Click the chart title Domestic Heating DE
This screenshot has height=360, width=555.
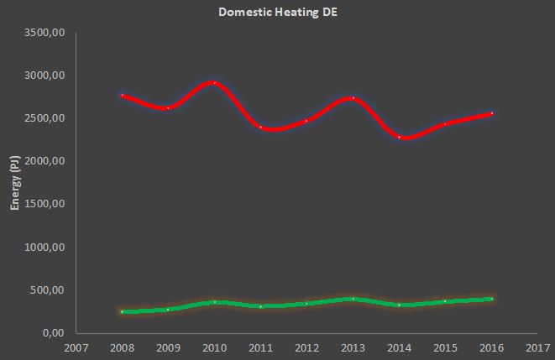pyautogui.click(x=277, y=13)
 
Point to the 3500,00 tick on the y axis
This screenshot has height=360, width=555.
pyautogui.click(x=47, y=33)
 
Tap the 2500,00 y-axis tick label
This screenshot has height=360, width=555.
pyautogui.click(x=47, y=118)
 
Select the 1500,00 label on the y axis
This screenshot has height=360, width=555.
pyautogui.click(x=47, y=205)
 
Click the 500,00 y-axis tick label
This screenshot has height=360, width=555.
pyautogui.click(x=50, y=290)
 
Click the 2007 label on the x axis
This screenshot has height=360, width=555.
pyautogui.click(x=76, y=346)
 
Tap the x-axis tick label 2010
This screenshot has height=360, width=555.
pyautogui.click(x=214, y=346)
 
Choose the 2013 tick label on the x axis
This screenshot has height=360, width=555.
pyautogui.click(x=353, y=346)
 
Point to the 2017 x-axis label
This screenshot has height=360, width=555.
pyautogui.click(x=537, y=346)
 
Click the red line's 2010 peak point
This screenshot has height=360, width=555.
pyautogui.click(x=214, y=82)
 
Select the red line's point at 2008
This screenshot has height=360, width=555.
pyautogui.click(x=122, y=95)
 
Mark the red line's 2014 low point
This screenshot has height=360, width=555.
pyautogui.click(x=399, y=137)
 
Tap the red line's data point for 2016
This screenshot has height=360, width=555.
pyautogui.click(x=491, y=113)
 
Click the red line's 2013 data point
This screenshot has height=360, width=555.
pyautogui.click(x=353, y=98)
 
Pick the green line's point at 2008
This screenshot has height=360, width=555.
pyautogui.click(x=122, y=311)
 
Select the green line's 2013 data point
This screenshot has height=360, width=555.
pyautogui.click(x=353, y=299)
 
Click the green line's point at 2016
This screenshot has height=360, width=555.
pyautogui.click(x=491, y=299)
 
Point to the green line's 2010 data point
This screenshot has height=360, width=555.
pyautogui.click(x=214, y=302)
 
